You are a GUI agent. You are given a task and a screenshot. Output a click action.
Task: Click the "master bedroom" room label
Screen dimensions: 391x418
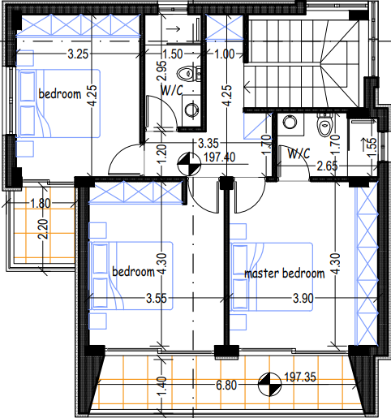click(x=285, y=274)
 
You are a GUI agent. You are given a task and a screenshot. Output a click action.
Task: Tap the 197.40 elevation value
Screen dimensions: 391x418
click(x=220, y=157)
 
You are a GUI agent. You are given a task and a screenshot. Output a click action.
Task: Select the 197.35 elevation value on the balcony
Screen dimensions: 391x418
click(x=300, y=377)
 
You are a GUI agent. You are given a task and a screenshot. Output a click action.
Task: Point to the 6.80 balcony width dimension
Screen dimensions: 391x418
click(x=226, y=385)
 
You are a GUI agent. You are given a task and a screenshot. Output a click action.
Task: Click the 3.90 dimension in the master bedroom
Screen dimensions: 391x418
click(x=303, y=299)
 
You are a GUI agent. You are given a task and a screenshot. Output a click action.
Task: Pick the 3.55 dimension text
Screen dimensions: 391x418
click(x=157, y=299)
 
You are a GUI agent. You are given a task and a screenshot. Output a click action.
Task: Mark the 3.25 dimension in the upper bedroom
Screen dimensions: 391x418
click(x=78, y=54)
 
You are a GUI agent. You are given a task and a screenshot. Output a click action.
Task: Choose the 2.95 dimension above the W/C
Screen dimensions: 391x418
click(x=162, y=71)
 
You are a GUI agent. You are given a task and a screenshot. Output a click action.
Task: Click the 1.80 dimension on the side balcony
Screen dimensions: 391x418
click(x=41, y=204)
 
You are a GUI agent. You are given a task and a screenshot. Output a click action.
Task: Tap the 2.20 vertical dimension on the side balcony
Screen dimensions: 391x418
click(x=43, y=229)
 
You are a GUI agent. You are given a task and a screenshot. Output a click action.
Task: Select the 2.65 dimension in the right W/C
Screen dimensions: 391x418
click(x=327, y=166)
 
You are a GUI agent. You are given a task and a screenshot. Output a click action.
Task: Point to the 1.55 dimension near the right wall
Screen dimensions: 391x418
click(x=372, y=147)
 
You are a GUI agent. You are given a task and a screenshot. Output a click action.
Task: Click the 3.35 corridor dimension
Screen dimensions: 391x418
click(x=208, y=144)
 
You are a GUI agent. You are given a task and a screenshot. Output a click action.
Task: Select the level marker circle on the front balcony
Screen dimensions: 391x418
click(x=269, y=384)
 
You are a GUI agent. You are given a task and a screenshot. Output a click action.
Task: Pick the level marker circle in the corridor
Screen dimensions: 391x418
click(x=189, y=164)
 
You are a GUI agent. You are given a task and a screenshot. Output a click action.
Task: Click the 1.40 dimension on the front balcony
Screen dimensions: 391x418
click(x=162, y=386)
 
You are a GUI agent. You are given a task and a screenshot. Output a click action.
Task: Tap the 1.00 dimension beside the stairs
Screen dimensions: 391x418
click(x=225, y=54)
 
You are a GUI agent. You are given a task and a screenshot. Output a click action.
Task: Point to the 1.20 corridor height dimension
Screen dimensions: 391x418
click(x=162, y=154)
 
